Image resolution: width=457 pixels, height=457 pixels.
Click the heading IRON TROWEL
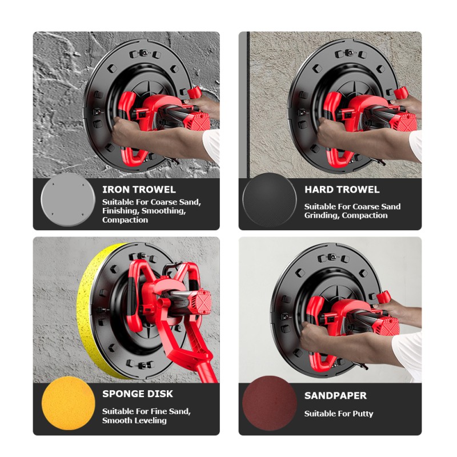[139, 190]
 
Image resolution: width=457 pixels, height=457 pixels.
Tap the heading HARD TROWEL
[342, 190]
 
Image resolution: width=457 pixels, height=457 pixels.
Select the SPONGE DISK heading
[138, 394]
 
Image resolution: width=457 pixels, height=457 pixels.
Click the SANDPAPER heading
[335, 395]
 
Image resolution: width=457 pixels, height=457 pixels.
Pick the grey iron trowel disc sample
[68, 200]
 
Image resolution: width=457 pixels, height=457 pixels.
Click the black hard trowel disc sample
[269, 201]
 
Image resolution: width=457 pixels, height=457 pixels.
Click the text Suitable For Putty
[338, 414]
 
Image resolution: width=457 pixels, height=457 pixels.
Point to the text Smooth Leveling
[134, 420]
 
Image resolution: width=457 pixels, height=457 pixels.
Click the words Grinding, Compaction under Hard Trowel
[346, 215]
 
